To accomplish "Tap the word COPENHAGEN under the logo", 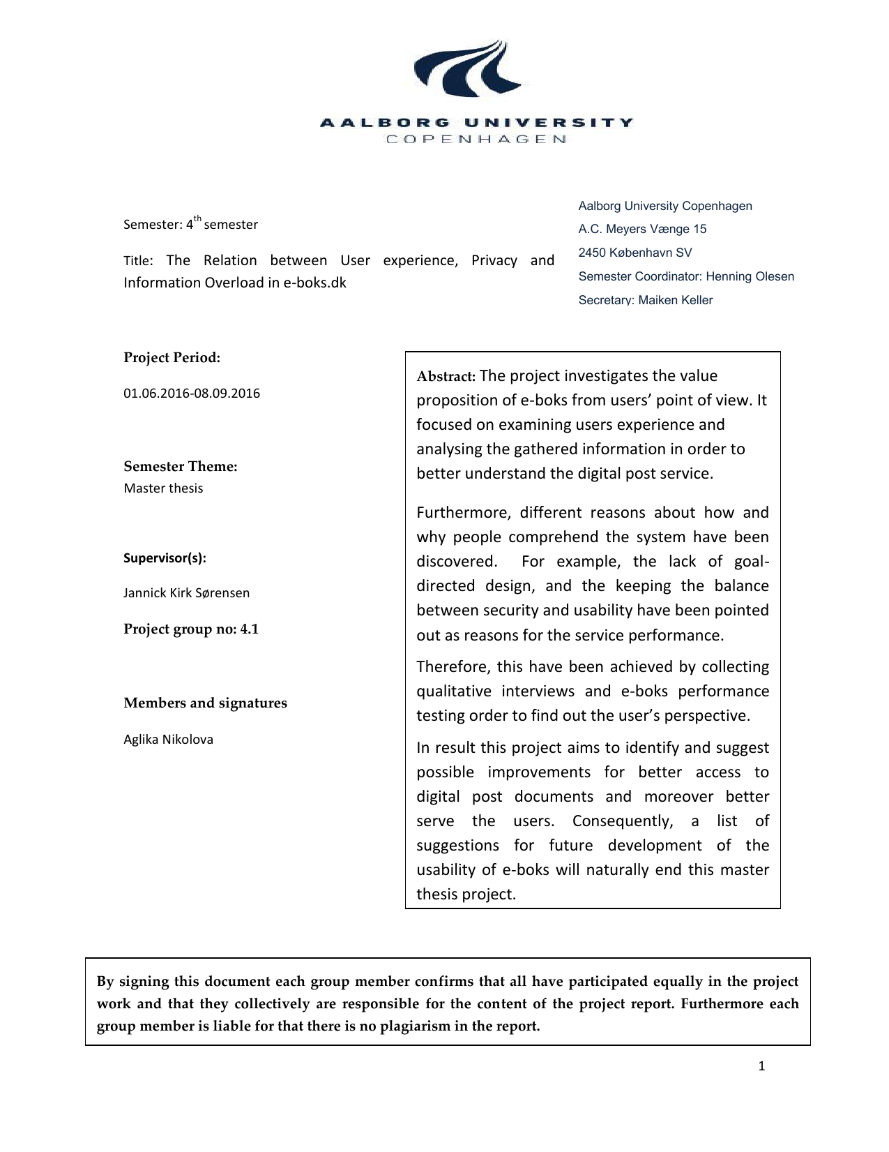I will tap(476, 139).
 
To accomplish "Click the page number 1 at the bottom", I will tap(761, 1065).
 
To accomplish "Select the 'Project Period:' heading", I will tap(172, 357).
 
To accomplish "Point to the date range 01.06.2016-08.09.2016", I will tap(192, 393).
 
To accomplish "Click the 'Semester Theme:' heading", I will tap(181, 466).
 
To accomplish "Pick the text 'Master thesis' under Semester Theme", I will tap(163, 488).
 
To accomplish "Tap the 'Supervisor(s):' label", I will tap(165, 558).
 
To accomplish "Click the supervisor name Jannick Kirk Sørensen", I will tap(186, 592).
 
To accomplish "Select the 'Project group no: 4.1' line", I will tap(191, 629).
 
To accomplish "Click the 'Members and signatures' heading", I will tap(205, 703).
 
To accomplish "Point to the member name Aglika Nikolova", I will tap(168, 739).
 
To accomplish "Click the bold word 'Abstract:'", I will tap(446, 377).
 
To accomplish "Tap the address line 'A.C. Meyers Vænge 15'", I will tap(642, 229).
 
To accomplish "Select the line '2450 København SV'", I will tap(635, 253).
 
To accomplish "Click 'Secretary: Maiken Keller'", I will tap(645, 300).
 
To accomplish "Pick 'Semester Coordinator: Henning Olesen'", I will tap(686, 276).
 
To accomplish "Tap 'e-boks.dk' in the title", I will tap(314, 283).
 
